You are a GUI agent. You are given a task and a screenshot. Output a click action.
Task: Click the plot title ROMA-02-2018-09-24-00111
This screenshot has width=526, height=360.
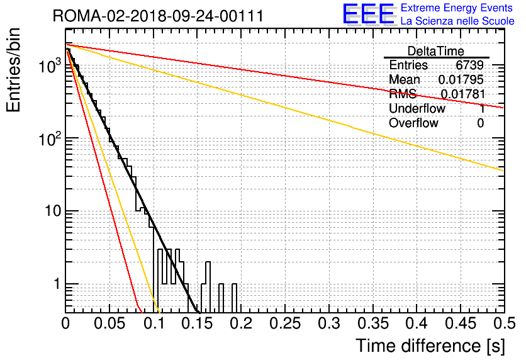coord(158,16)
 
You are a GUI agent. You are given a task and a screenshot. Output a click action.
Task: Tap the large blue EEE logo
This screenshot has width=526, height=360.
coord(368,14)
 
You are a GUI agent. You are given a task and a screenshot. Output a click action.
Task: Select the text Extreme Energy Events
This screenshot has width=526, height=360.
coord(457,8)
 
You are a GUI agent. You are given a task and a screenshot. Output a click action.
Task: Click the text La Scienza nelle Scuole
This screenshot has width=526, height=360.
coord(457,21)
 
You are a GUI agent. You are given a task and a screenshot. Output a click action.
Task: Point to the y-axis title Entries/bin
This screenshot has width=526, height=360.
coord(13,70)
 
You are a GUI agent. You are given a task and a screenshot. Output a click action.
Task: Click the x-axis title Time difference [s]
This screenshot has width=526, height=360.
coord(430,346)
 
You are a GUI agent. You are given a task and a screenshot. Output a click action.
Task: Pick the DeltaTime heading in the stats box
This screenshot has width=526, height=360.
coord(436,51)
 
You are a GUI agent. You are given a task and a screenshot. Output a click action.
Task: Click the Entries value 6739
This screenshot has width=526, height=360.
coord(469,65)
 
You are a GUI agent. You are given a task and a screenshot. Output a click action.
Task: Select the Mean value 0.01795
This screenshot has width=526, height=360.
coord(461,79)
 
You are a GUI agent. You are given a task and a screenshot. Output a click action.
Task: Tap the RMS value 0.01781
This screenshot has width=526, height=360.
coord(463,94)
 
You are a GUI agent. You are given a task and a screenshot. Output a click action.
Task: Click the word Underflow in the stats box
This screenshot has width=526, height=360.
coord(417,108)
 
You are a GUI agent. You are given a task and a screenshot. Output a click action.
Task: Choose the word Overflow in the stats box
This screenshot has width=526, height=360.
coord(413,123)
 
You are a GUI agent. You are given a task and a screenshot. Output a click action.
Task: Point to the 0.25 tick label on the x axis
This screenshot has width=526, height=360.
coord(285,323)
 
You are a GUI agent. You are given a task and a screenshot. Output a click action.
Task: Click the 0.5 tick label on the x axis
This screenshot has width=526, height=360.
coord(504,323)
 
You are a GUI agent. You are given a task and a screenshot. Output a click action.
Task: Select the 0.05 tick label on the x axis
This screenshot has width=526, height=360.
coord(109,323)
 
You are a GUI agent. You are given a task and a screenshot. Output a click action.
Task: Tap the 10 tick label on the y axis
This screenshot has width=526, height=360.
coord(53,211)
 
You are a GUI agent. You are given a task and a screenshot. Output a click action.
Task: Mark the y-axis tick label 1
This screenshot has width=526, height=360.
coord(57,284)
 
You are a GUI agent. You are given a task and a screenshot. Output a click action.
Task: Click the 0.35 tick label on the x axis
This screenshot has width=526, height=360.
coord(373,323)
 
